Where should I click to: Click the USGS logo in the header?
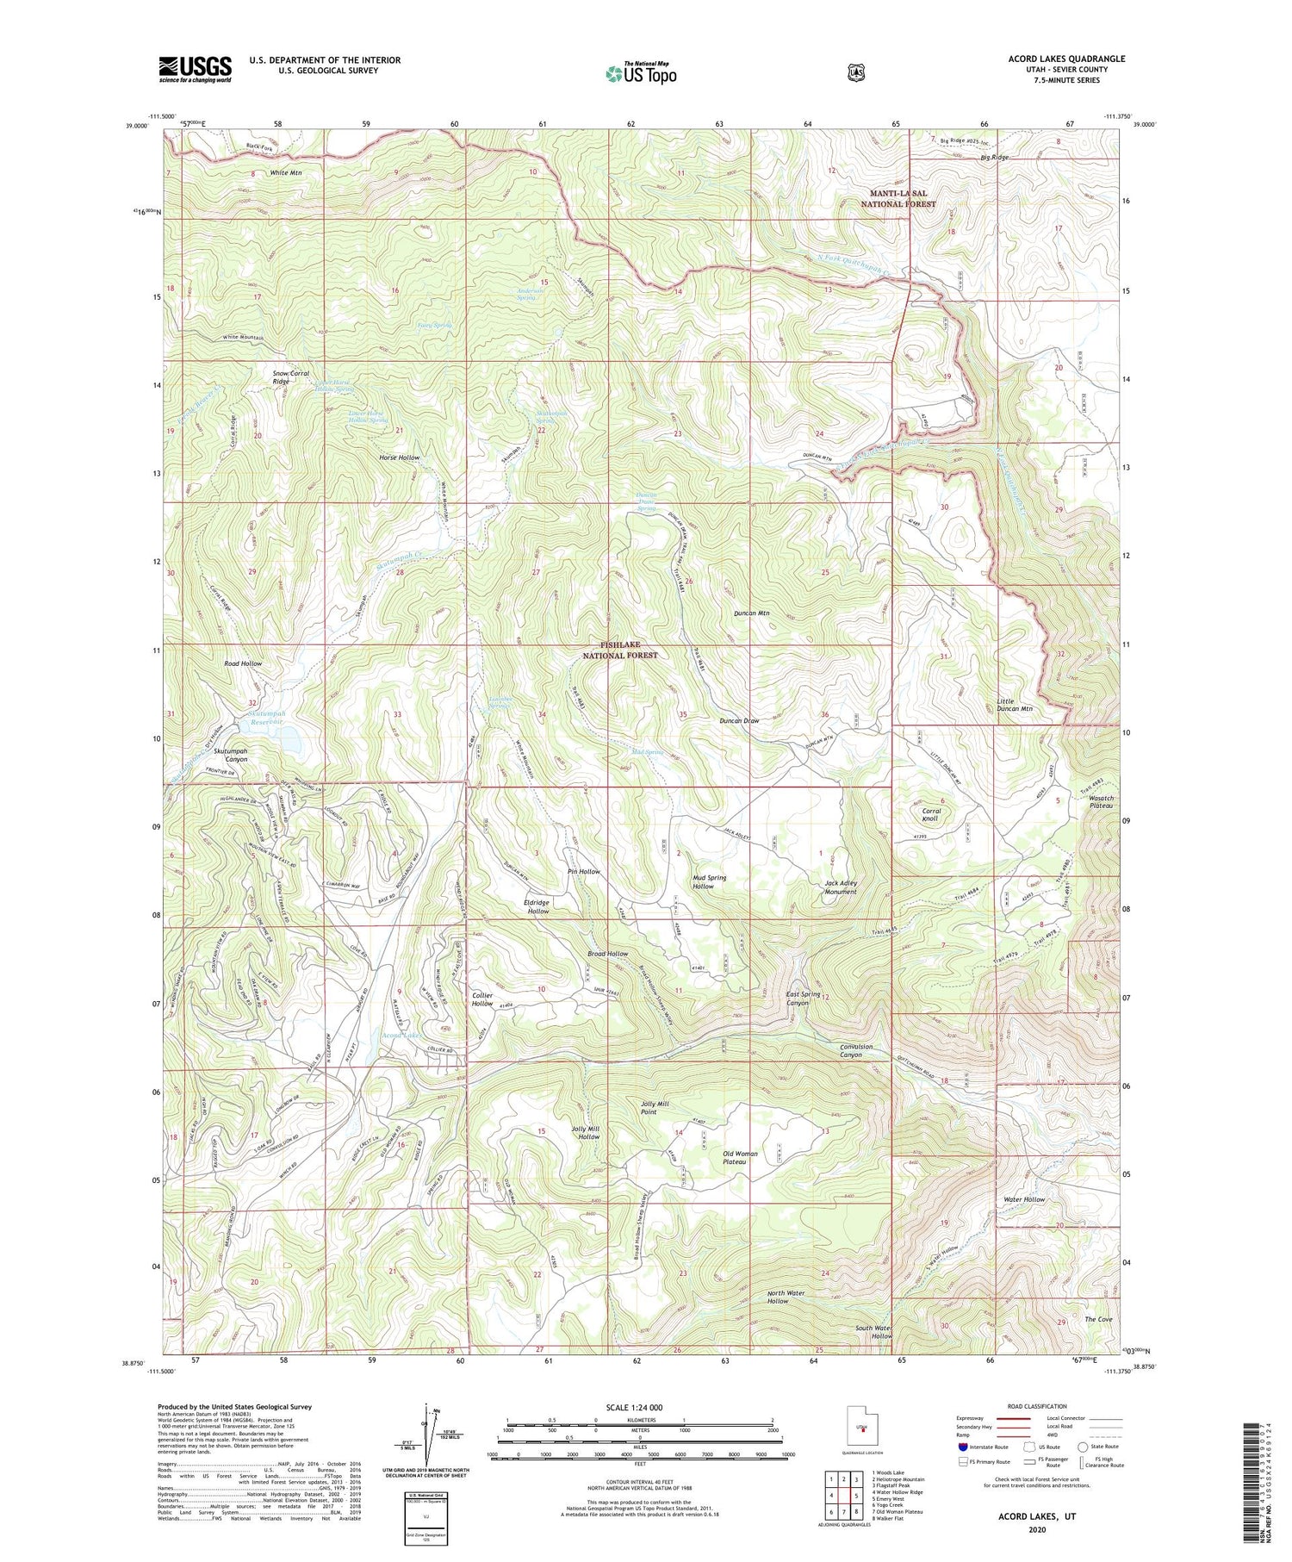pos(195,69)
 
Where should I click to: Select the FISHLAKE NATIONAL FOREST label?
pos(619,650)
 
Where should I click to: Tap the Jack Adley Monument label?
pos(840,887)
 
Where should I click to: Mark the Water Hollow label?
pos(1023,1199)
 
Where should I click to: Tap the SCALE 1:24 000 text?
pos(640,1408)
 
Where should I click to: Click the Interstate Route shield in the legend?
pos(963,1447)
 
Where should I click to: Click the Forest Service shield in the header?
pos(855,73)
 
